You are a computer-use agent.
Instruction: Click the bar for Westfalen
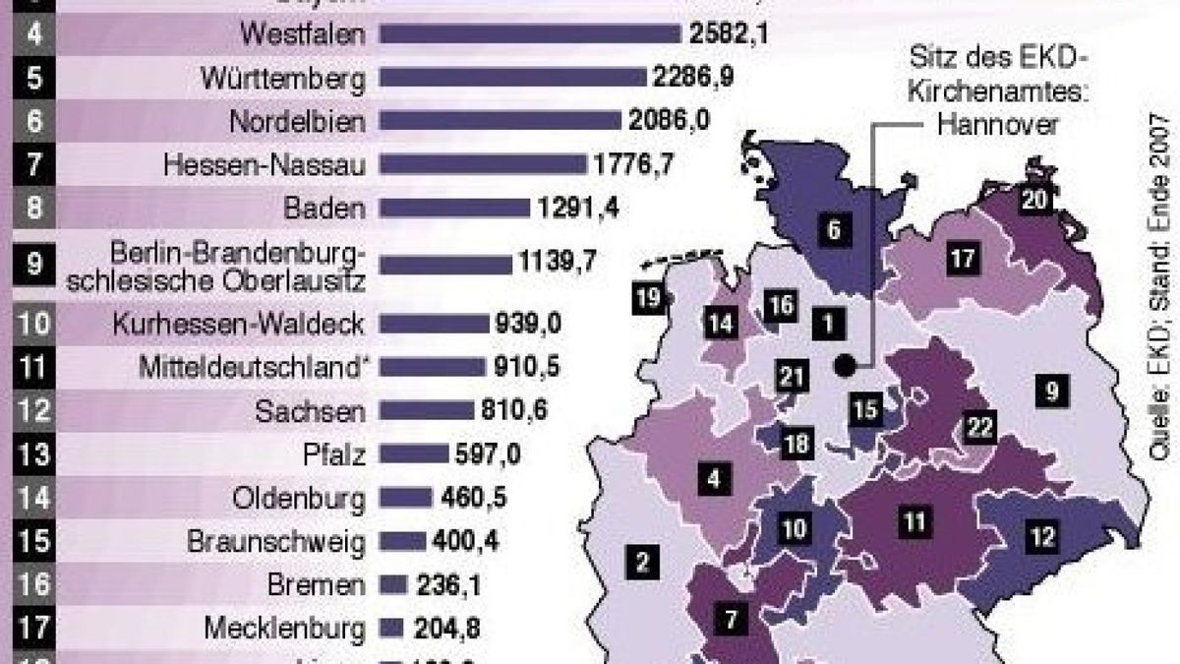[x=529, y=34]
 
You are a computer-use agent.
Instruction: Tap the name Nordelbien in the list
[x=312, y=120]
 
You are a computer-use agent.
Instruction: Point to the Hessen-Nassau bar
[x=482, y=163]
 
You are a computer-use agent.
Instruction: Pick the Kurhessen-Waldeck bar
[x=434, y=324]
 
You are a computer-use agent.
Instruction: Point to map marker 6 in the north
[x=833, y=232]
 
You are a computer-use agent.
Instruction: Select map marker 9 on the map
[x=1052, y=392]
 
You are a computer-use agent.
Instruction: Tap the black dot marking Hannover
[x=844, y=367]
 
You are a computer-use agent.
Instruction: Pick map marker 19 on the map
[x=647, y=300]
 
